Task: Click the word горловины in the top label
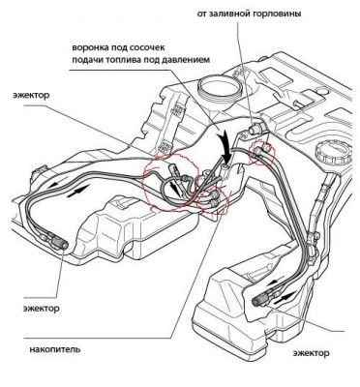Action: coord(276,14)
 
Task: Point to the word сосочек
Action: coord(148,48)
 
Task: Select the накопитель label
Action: coord(55,349)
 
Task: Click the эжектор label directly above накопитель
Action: coord(41,309)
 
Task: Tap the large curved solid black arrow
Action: coord(225,145)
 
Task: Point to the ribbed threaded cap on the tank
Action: coord(333,153)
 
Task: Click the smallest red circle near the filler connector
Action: coord(262,152)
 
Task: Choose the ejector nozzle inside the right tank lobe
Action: coord(262,299)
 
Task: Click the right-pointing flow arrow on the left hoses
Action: coord(78,191)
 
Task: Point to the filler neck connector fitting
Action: coord(256,129)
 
